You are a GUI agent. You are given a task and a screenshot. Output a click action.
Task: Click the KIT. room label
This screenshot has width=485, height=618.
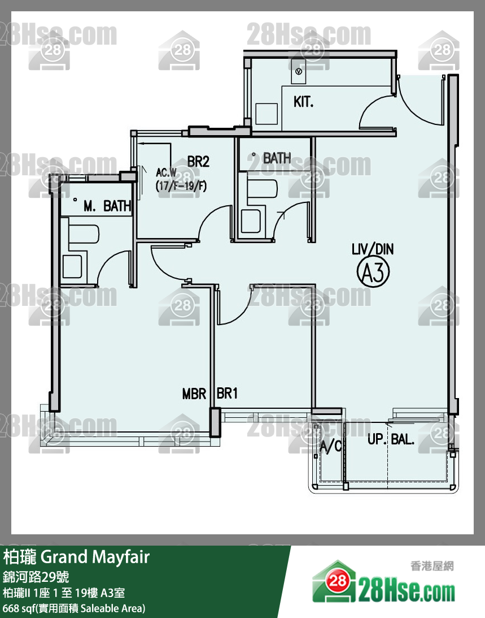pyautogui.click(x=304, y=102)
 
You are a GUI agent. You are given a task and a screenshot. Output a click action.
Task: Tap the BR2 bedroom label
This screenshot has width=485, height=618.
pyautogui.click(x=198, y=162)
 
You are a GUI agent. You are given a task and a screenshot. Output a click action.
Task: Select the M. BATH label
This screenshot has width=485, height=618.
pyautogui.click(x=107, y=206)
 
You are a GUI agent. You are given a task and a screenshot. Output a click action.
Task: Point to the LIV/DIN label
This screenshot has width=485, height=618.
pyautogui.click(x=373, y=249)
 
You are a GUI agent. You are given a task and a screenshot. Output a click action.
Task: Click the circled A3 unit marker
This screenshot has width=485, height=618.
pyautogui.click(x=373, y=272)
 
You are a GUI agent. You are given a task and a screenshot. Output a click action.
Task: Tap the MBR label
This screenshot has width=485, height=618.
pyautogui.click(x=194, y=394)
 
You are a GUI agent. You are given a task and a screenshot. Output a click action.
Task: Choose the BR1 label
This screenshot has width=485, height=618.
pyautogui.click(x=227, y=393)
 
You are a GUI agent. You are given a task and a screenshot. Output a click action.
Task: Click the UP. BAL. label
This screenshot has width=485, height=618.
pyautogui.click(x=391, y=439)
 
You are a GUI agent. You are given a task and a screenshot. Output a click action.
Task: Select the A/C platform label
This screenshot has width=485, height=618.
pyautogui.click(x=331, y=446)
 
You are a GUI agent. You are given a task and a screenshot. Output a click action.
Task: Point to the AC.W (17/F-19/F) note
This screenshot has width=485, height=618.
pyautogui.click(x=181, y=179)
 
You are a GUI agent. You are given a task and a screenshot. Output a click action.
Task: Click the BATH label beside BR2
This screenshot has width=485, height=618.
pyautogui.click(x=277, y=158)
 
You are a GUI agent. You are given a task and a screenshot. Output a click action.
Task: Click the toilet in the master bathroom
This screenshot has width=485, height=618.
pyautogui.click(x=72, y=266)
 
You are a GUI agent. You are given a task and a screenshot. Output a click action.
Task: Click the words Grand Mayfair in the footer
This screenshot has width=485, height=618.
pyautogui.click(x=95, y=558)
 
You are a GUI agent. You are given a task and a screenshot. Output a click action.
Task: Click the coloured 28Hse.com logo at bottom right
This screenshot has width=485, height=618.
pyautogui.click(x=384, y=582)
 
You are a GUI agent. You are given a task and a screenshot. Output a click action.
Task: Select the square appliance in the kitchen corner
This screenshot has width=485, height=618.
pyautogui.click(x=267, y=114)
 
